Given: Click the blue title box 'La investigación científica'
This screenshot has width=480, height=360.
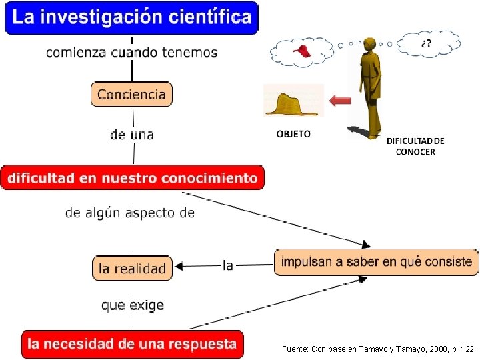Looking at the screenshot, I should click(x=131, y=18).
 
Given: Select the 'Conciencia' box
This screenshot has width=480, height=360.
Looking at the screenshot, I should click(x=131, y=94).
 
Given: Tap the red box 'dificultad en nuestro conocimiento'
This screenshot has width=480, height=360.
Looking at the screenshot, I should click(x=132, y=178).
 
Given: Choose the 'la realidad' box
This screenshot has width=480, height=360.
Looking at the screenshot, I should click(x=132, y=269).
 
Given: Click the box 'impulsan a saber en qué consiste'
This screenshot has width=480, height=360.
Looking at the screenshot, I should click(x=377, y=261).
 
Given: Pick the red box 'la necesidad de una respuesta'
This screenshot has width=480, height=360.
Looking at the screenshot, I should click(x=132, y=344).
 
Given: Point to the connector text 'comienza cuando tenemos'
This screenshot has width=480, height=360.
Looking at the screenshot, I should click(x=131, y=52).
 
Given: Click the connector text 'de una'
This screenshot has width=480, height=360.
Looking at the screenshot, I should click(x=132, y=135).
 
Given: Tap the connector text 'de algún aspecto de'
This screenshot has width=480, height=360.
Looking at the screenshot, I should click(x=130, y=213).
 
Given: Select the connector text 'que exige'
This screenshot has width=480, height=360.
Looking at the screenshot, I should click(x=132, y=305).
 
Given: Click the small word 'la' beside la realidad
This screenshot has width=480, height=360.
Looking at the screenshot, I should click(x=228, y=265).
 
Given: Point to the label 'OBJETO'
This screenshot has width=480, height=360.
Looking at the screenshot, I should click(x=293, y=134).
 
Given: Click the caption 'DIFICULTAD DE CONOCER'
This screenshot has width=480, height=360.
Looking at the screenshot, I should click(x=415, y=146).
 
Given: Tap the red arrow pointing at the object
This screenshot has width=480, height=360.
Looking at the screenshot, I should click(x=341, y=101).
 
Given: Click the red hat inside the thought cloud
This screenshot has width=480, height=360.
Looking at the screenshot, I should click(x=303, y=51).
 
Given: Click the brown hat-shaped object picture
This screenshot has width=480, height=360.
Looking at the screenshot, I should click(x=293, y=103).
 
